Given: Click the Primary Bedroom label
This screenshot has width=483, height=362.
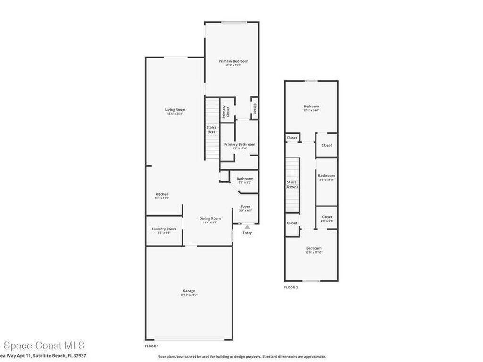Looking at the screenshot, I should click(x=233, y=61).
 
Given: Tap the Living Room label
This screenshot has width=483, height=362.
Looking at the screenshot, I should click(x=175, y=110).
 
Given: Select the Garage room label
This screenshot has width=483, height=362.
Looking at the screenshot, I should click(x=189, y=291).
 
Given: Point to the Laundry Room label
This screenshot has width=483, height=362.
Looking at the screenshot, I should click(x=164, y=229).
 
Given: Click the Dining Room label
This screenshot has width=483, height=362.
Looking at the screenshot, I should click(x=210, y=218).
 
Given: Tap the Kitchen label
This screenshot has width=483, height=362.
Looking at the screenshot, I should click(x=162, y=194).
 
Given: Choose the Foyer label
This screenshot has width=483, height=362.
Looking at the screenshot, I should click(x=246, y=206).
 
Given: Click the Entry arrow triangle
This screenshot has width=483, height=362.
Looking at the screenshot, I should click(x=247, y=227).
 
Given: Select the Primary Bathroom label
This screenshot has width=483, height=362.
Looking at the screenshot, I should click(x=240, y=144).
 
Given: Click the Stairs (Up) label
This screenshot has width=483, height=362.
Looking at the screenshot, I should click(x=211, y=130).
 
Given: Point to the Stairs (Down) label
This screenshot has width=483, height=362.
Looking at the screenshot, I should click(x=292, y=184).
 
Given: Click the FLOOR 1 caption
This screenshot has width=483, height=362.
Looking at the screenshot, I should click(x=152, y=346).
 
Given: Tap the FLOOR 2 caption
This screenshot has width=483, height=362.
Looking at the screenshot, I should click(x=291, y=287).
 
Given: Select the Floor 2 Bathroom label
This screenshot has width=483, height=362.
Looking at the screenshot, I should click(x=326, y=176).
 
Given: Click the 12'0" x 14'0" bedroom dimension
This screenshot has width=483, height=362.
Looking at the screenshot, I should click(x=311, y=110).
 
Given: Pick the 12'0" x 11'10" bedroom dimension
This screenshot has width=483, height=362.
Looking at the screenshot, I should click(x=314, y=252).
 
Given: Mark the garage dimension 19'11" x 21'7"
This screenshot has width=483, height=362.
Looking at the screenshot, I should click(x=189, y=295).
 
